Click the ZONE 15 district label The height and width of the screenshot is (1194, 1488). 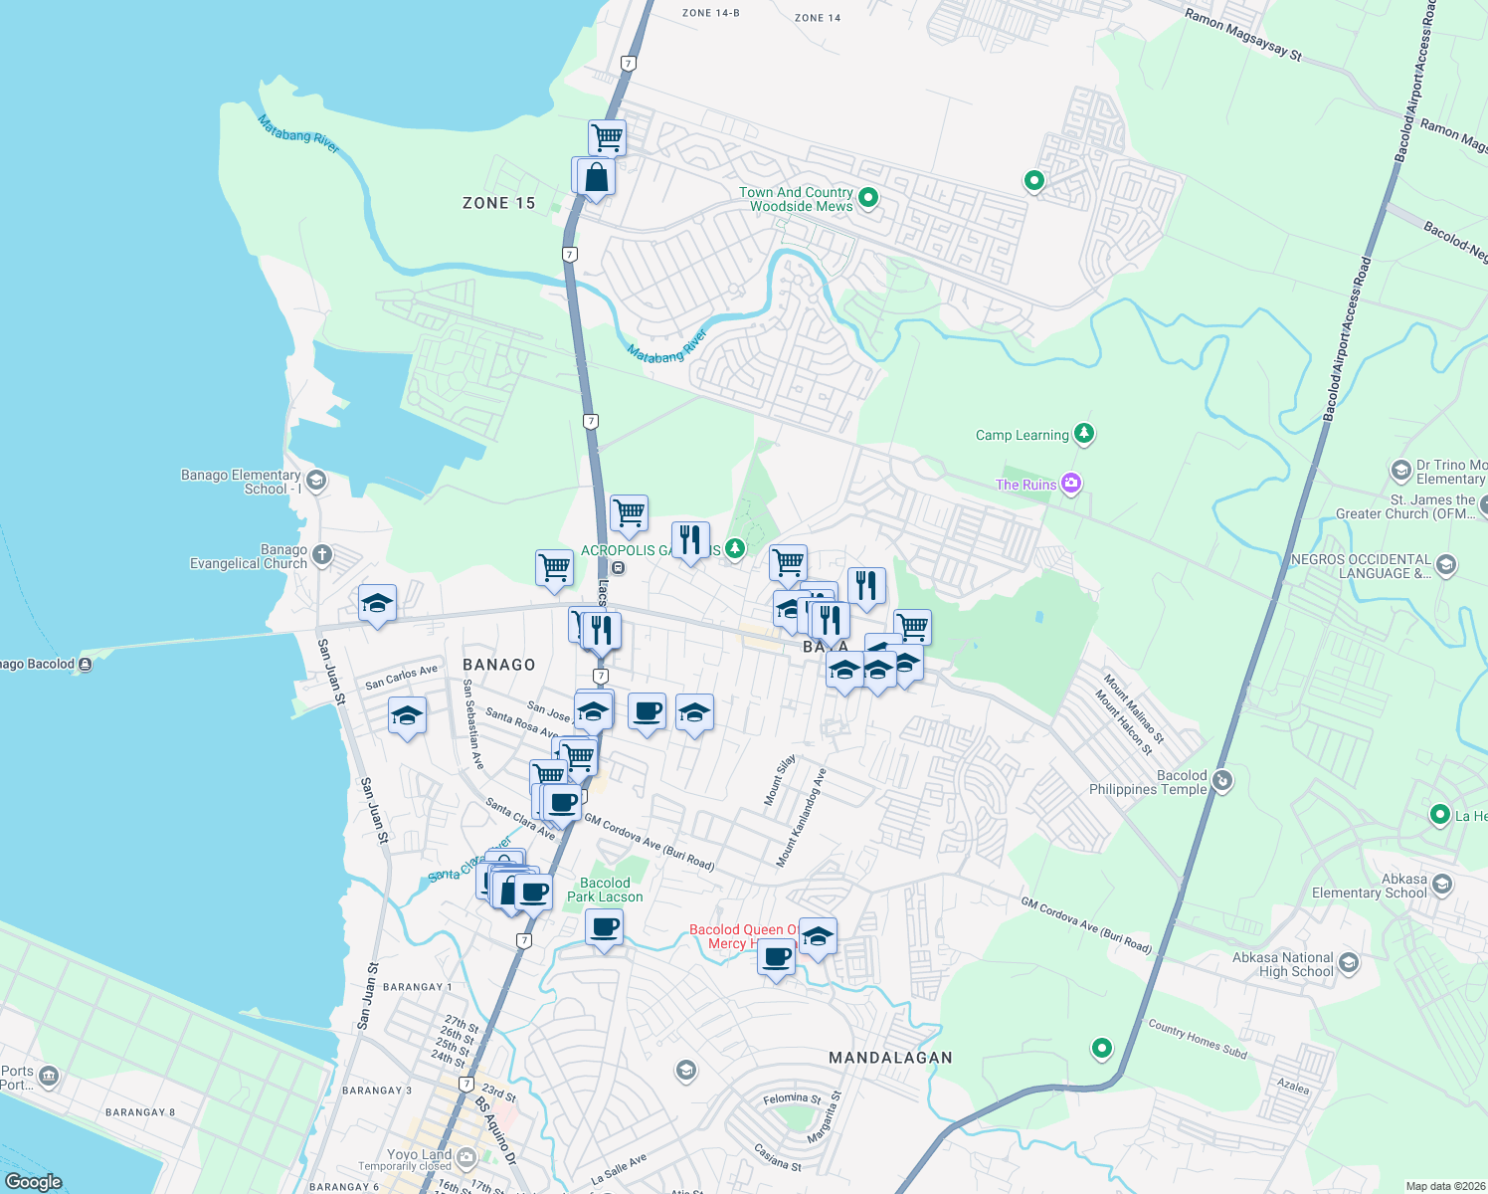coord(498,203)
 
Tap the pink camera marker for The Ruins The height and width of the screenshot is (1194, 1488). coord(1071,484)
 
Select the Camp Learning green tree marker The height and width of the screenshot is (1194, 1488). coord(1084,433)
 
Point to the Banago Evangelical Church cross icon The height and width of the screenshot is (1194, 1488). coord(321,554)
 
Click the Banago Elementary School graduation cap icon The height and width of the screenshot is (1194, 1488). coord(316,481)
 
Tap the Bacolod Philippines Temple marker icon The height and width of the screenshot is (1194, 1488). coord(1222,781)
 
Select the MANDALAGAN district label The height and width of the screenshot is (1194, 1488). coord(890,1058)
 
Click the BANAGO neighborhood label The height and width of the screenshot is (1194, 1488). coord(498,665)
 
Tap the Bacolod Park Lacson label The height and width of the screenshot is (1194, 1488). coord(605,890)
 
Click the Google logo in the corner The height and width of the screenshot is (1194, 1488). coord(33,1181)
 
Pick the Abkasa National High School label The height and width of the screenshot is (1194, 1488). coord(1282,964)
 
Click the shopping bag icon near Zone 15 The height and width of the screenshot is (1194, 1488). coord(596,178)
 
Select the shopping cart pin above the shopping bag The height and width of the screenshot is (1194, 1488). coord(607,137)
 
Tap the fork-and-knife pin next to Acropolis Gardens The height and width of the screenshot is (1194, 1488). coord(690,540)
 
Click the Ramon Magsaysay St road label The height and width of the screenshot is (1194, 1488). coord(1242,35)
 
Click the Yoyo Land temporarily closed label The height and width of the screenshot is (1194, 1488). coord(419,1160)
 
